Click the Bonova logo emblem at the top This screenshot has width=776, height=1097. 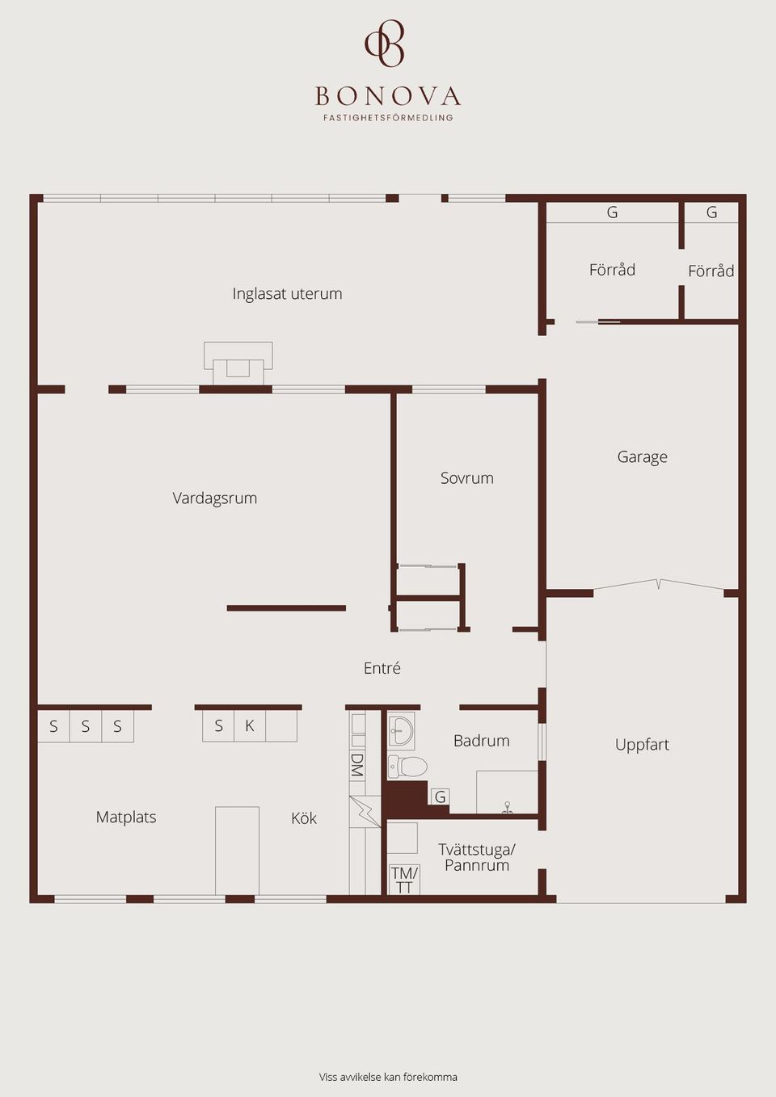click(x=386, y=44)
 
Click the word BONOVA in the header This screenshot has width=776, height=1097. click(x=388, y=97)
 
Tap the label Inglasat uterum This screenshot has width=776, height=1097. click(x=287, y=294)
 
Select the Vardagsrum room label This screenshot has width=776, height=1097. click(x=214, y=498)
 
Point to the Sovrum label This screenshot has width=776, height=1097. click(x=466, y=478)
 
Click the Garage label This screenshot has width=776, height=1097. click(x=642, y=457)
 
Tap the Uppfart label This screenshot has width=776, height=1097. click(x=642, y=745)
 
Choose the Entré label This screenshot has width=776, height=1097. click(x=382, y=668)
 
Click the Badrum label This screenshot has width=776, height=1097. click(x=481, y=741)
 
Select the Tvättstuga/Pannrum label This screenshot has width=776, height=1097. click(x=476, y=857)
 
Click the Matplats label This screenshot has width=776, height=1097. click(x=126, y=817)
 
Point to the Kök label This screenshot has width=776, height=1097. click(x=304, y=818)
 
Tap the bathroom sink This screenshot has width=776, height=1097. click(x=401, y=730)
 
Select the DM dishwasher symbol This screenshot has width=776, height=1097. click(x=356, y=765)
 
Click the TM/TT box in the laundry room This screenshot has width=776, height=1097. click(x=404, y=880)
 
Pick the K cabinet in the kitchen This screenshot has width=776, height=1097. click(x=250, y=726)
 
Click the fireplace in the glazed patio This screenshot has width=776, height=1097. click(x=238, y=364)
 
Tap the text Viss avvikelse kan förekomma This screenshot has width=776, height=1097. click(x=388, y=1077)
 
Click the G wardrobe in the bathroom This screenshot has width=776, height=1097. click(x=440, y=797)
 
